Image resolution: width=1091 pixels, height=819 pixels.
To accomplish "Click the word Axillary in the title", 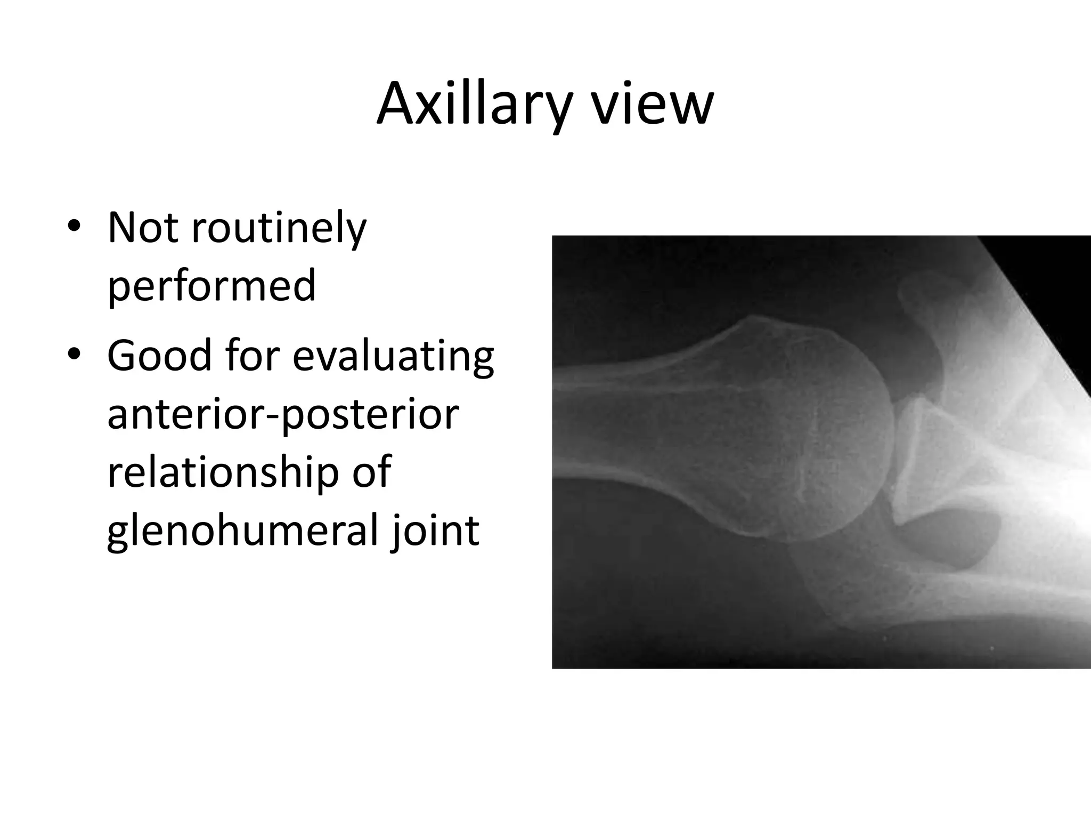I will (473, 105).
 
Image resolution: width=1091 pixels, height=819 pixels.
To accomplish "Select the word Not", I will (142, 228).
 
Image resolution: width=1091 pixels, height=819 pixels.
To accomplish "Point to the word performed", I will (211, 286).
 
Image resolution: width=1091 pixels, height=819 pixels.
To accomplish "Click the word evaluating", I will (393, 356).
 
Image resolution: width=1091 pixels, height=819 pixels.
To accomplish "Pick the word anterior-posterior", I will (283, 415).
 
